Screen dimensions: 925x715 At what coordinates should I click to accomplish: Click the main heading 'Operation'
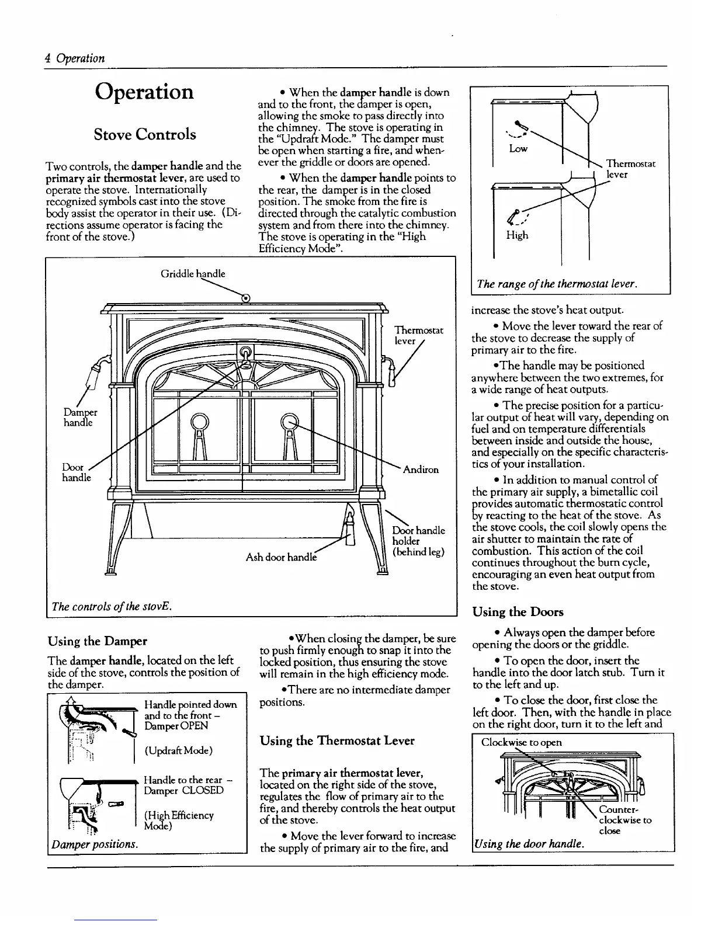click(144, 92)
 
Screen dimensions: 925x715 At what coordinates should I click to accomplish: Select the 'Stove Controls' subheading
click(145, 134)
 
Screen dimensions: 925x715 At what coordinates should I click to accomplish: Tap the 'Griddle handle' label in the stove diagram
click(193, 273)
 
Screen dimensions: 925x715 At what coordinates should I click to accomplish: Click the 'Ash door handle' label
click(282, 557)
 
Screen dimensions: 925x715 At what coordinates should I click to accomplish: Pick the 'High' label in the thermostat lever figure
click(517, 235)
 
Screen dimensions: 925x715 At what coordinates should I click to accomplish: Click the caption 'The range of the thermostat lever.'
click(556, 284)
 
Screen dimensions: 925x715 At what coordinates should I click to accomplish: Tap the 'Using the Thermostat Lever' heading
click(337, 740)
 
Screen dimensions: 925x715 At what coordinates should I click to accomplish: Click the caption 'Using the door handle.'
click(529, 843)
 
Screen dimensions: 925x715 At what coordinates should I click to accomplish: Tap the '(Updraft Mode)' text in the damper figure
click(178, 750)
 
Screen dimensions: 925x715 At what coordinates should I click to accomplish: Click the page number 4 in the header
click(47, 58)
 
